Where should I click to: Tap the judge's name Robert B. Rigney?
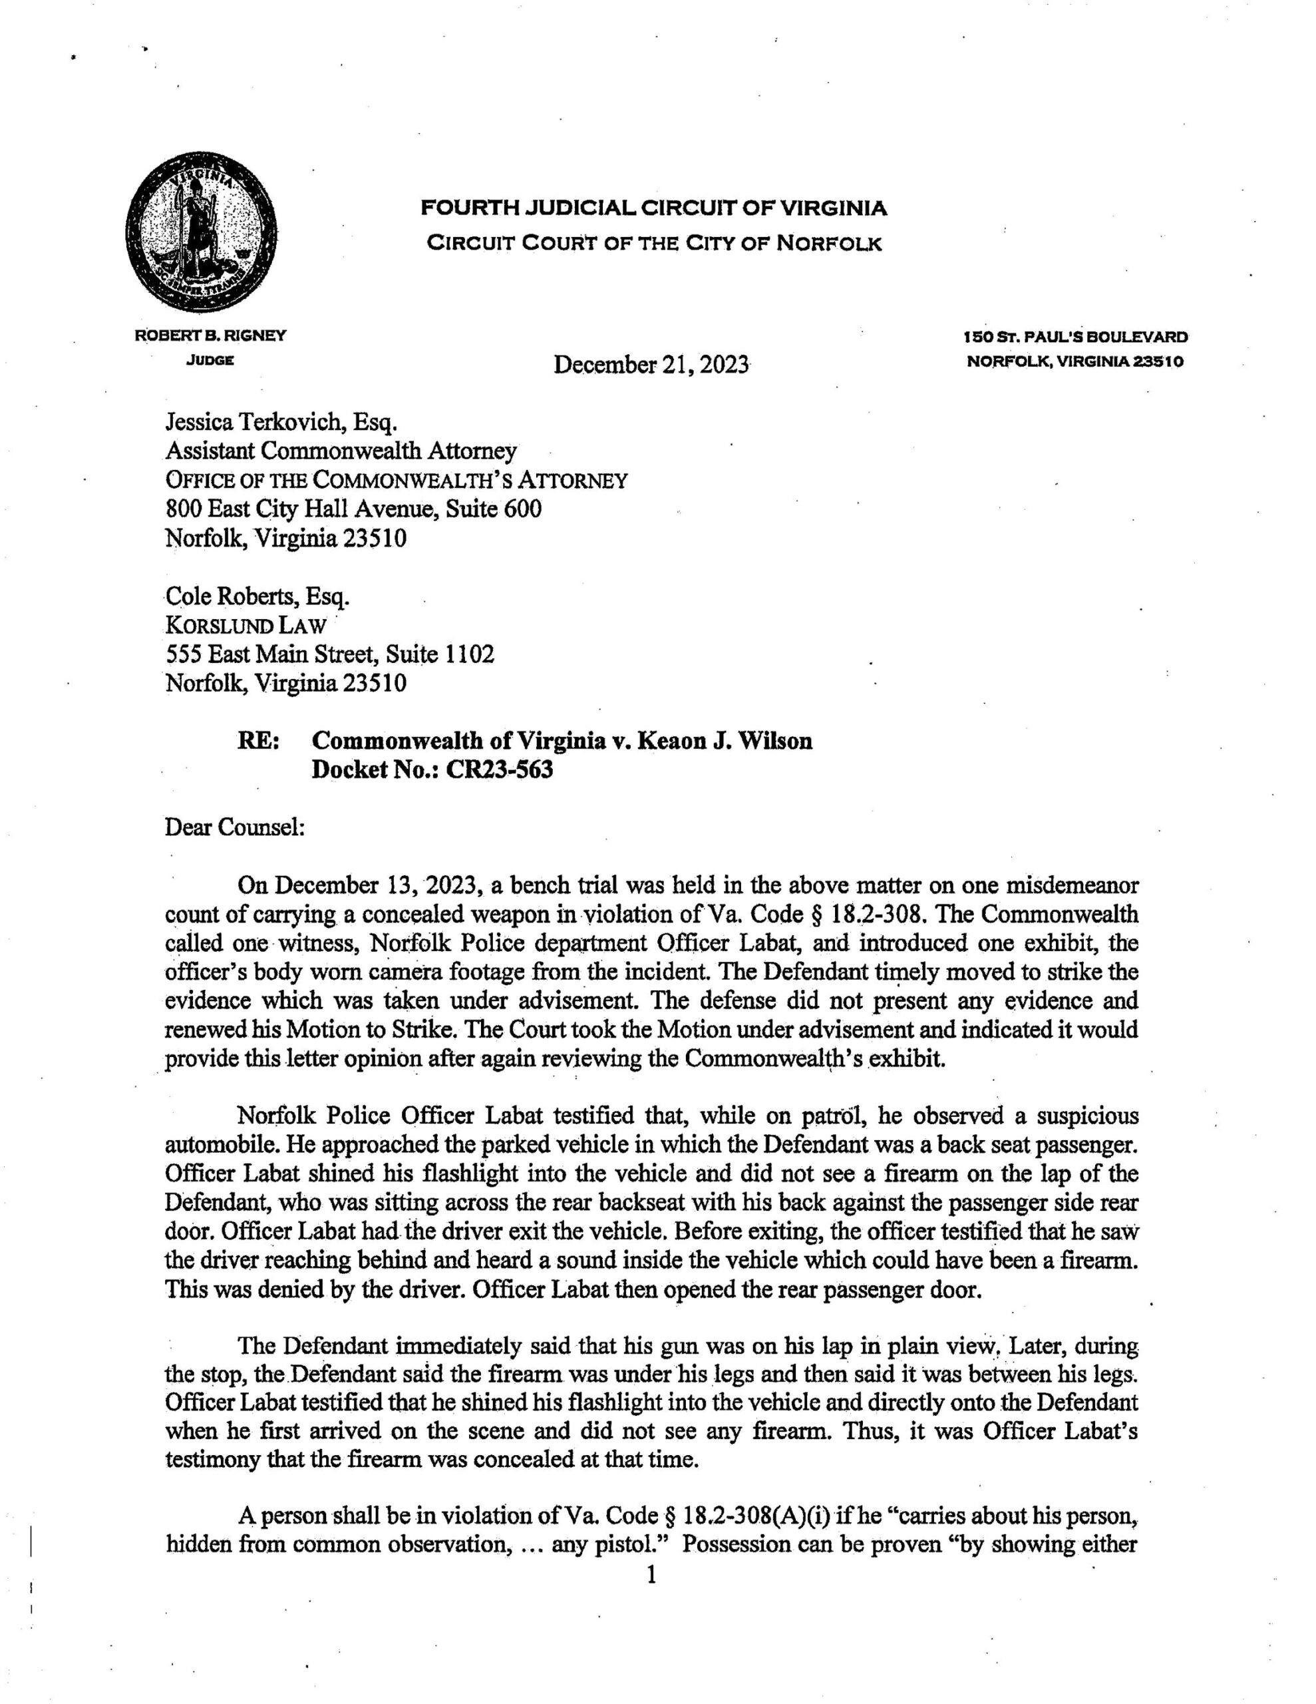click(x=211, y=336)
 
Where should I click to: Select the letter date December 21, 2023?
click(x=651, y=364)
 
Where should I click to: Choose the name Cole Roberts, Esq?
click(x=257, y=596)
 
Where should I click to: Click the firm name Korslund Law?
click(x=246, y=626)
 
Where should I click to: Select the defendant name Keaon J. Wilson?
click(x=725, y=740)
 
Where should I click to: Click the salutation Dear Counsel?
click(x=235, y=826)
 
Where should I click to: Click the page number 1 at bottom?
click(x=651, y=1576)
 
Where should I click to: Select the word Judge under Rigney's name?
click(x=211, y=361)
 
